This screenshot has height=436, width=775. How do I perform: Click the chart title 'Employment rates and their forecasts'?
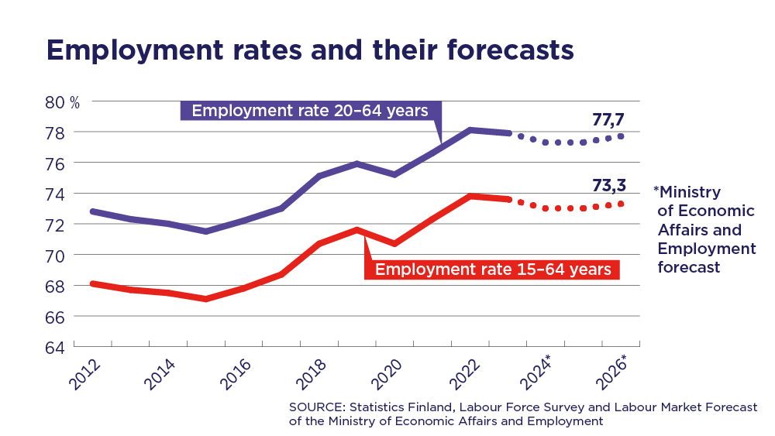tap(310, 50)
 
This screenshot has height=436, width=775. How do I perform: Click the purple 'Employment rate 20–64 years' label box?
tap(310, 111)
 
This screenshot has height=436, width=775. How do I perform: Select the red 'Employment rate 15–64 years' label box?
tap(493, 269)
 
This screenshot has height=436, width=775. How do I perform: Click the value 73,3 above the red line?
tap(608, 186)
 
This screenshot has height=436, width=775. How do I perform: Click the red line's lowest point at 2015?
tap(206, 298)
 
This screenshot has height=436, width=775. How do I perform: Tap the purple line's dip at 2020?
tap(395, 174)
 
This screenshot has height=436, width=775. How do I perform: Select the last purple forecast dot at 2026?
tap(622, 136)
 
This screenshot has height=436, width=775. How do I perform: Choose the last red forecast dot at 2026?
tap(622, 204)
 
